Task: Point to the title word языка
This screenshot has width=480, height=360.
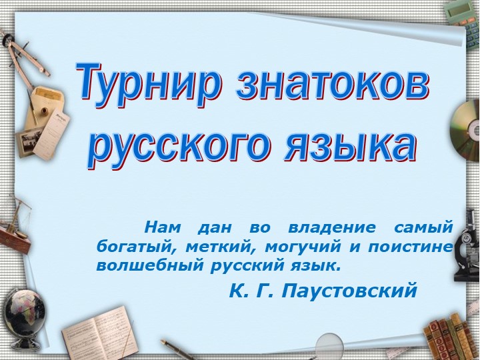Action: pyautogui.click(x=351, y=145)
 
